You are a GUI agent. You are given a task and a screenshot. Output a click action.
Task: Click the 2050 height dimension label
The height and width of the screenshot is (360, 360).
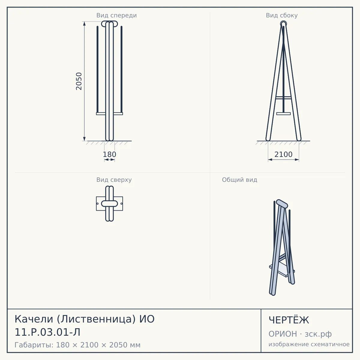(x=79, y=81)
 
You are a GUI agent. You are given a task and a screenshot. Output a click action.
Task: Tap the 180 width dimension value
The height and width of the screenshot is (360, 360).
(x=109, y=154)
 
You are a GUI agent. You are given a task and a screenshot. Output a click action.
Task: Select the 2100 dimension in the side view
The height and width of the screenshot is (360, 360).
(x=283, y=154)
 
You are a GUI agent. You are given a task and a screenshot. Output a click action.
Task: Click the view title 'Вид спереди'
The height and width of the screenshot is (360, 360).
(x=117, y=16)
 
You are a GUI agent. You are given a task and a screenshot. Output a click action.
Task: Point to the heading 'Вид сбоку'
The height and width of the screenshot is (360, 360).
(x=282, y=16)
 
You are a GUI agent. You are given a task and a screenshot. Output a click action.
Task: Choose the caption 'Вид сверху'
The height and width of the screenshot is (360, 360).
(x=114, y=180)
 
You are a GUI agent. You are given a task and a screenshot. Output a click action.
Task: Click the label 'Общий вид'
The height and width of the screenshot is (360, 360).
(x=239, y=180)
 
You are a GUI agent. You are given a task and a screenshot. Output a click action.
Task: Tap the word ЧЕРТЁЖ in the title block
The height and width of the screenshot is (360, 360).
(x=289, y=320)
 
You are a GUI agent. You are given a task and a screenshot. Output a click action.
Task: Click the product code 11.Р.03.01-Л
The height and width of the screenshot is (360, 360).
(x=47, y=332)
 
